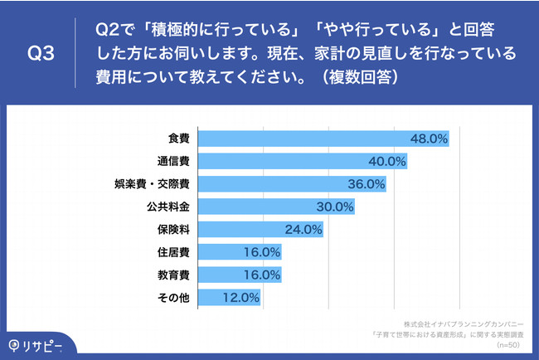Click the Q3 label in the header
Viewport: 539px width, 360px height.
41,54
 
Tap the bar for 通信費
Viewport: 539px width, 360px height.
303,161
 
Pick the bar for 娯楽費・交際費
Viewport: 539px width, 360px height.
292,183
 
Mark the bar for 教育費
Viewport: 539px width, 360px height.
240,274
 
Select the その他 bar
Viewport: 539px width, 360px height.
230,296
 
